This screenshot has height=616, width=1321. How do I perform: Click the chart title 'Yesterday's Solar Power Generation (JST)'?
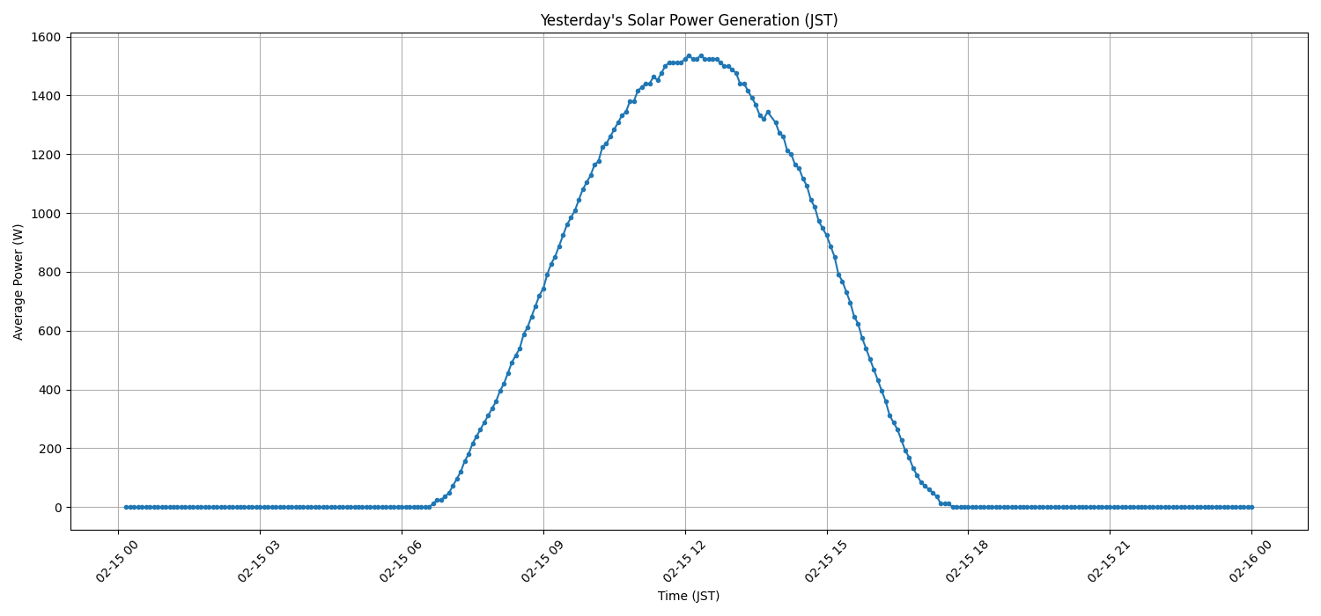pos(689,20)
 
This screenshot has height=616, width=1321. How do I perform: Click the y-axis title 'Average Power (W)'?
pos(18,282)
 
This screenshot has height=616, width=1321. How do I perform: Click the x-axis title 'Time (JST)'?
pos(689,596)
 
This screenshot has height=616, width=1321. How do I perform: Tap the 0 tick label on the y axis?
pos(56,508)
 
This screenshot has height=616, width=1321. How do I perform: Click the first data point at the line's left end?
pos(126,507)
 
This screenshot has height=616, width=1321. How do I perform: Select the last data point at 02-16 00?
pos(1251,507)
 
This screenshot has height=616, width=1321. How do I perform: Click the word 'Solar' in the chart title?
pos(631,20)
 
